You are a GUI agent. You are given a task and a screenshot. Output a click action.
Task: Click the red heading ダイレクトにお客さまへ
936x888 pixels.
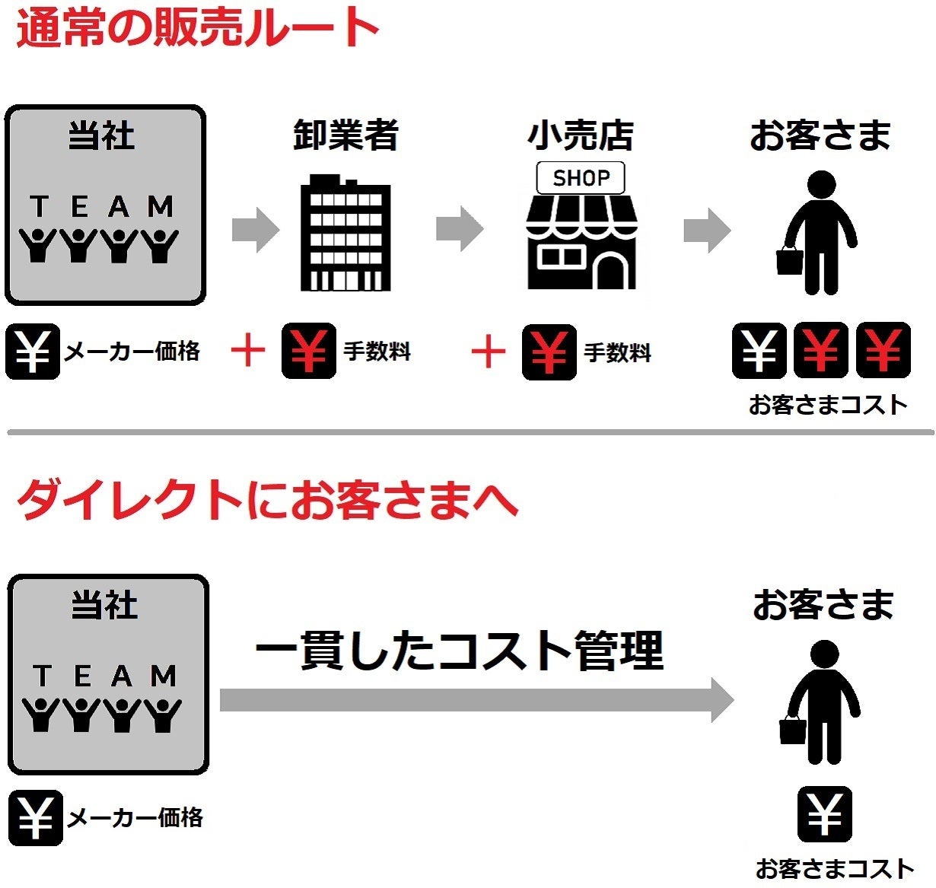click(x=266, y=500)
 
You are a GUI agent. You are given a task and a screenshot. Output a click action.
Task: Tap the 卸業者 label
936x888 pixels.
click(x=346, y=135)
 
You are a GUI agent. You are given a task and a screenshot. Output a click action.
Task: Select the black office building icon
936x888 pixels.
click(x=345, y=234)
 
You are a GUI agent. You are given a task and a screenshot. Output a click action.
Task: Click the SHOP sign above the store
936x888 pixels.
click(x=581, y=178)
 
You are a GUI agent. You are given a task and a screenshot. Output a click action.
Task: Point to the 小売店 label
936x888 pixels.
click(x=581, y=135)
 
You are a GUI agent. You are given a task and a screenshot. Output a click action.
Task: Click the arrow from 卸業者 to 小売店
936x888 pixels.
click(x=460, y=228)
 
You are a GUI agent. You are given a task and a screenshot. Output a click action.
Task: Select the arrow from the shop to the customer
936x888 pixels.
click(x=707, y=230)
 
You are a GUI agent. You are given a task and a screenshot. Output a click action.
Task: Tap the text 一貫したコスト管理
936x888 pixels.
click(x=460, y=651)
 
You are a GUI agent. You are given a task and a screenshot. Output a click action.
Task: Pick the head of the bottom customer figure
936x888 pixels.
click(x=824, y=654)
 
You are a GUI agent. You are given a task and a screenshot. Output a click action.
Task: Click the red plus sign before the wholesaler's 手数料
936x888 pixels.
click(x=248, y=351)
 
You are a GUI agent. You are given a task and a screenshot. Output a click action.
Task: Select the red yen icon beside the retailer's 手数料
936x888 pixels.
click(x=549, y=352)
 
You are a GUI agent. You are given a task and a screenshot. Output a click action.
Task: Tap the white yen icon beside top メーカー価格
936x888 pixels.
click(x=33, y=352)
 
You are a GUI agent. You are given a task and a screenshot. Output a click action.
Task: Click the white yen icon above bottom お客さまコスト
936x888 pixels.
click(x=825, y=814)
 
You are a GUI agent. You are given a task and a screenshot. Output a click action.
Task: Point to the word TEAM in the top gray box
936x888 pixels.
click(x=103, y=206)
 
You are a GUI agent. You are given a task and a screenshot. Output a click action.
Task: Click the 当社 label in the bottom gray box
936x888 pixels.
click(x=105, y=606)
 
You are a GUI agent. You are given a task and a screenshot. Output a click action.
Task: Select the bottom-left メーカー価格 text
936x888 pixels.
click(x=135, y=818)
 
